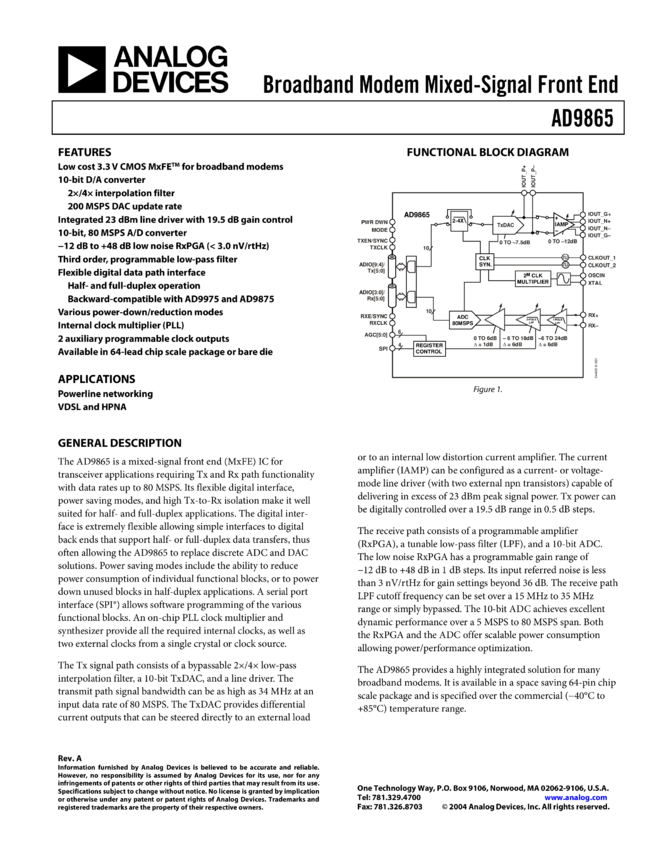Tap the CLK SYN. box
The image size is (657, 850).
tap(485, 261)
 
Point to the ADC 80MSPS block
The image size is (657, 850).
tap(463, 319)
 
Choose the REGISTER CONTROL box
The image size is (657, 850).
tap(429, 348)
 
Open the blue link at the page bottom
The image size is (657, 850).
tap(576, 798)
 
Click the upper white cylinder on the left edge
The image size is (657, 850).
tap(392, 268)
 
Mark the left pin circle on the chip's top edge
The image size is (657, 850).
tap(524, 192)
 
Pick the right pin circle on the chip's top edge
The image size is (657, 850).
tap(533, 192)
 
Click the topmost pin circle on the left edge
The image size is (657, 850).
tap(391, 222)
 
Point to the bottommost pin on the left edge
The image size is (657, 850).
tap(391, 349)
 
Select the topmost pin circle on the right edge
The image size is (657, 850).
tap(583, 214)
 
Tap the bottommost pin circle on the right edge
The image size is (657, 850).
tap(583, 325)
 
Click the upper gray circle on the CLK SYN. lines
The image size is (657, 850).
tap(565, 258)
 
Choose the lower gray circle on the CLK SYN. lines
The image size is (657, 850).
tap(565, 265)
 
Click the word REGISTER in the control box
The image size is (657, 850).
tap(429, 345)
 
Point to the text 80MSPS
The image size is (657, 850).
tap(462, 323)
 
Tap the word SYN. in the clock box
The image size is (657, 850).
tap(485, 264)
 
